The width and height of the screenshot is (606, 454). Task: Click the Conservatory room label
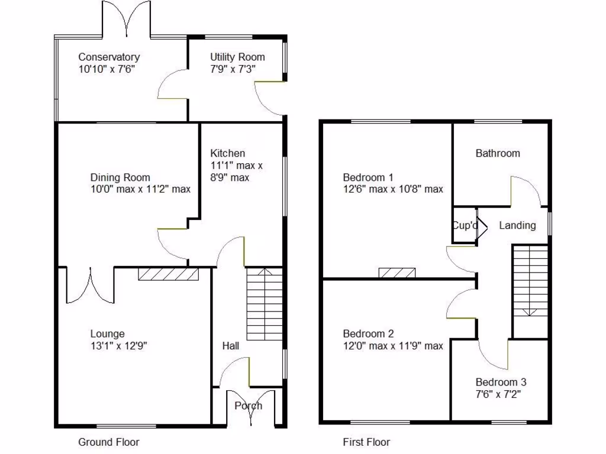click(109, 57)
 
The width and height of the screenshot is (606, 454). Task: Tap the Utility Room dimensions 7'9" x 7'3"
click(237, 69)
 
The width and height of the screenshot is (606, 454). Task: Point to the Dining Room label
click(120, 177)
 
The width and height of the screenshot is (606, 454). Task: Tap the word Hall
click(231, 346)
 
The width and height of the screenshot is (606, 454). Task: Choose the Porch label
click(248, 406)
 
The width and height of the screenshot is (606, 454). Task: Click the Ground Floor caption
click(109, 442)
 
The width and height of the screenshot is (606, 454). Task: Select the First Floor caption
click(366, 442)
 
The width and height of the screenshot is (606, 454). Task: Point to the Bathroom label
click(498, 154)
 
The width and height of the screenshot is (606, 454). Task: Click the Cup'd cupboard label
click(465, 225)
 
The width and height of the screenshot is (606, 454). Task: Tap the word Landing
click(517, 225)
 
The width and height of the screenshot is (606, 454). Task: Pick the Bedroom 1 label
click(368, 177)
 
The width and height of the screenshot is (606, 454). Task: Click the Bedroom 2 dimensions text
click(393, 346)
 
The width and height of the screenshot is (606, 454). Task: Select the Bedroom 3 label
click(501, 382)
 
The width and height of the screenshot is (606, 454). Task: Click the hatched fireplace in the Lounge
click(167, 274)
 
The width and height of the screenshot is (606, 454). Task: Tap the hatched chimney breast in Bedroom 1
click(397, 273)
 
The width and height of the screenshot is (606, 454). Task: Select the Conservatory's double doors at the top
click(126, 20)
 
